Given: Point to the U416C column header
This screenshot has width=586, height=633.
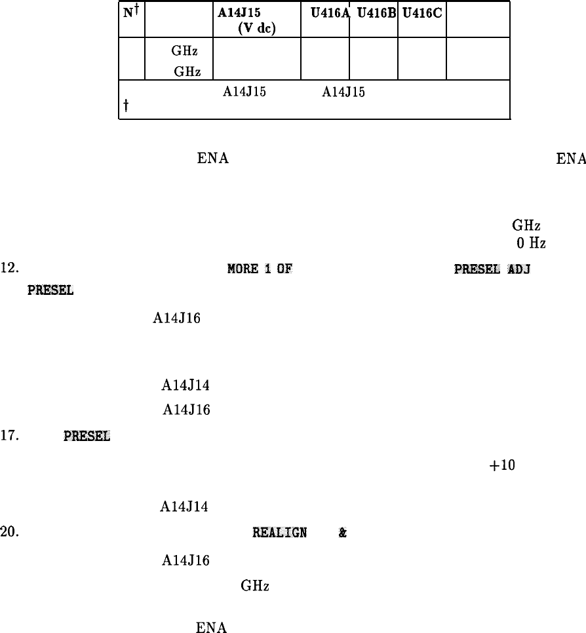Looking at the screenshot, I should [x=421, y=10].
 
